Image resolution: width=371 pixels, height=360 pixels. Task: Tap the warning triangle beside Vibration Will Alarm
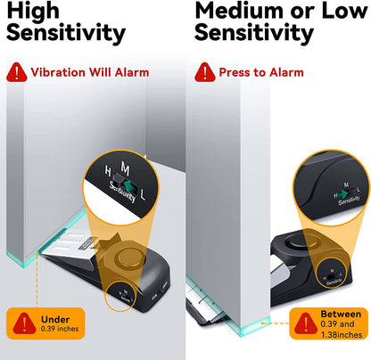pos(16,72)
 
